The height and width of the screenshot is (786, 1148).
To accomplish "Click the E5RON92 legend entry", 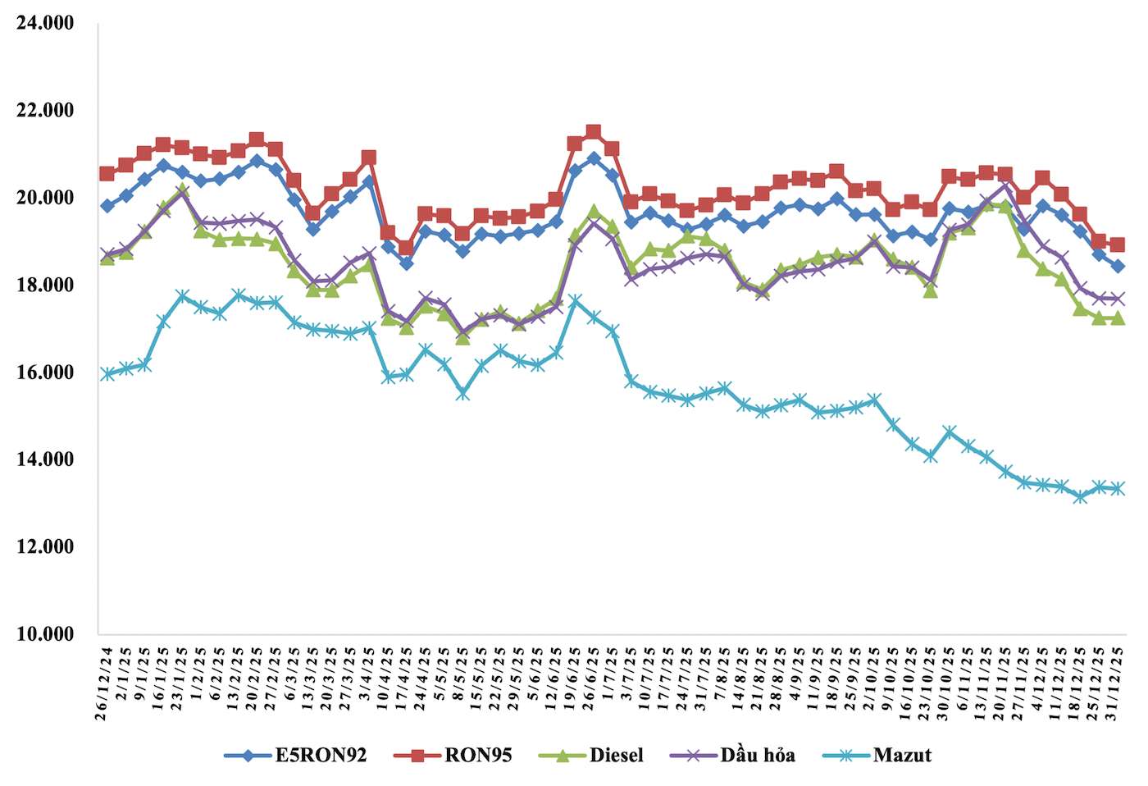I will coord(320,756).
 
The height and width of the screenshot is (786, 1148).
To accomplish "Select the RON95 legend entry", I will coord(477,756).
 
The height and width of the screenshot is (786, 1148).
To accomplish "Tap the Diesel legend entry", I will coord(616,756).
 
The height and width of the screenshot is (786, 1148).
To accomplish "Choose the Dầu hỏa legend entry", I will coord(757,756).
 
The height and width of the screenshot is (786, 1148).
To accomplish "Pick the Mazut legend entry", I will coord(901,756).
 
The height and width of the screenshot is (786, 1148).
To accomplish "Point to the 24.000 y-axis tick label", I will coord(45,23).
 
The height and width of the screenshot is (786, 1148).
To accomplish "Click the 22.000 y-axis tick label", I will coord(45,110).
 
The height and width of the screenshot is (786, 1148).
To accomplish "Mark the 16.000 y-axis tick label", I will coord(45,372).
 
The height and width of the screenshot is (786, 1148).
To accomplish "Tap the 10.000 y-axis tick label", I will coord(45,633).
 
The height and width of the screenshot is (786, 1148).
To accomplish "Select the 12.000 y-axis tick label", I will coord(45,546).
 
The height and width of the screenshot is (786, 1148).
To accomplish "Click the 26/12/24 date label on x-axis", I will coord(103,683).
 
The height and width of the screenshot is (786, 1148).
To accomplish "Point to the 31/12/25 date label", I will coord(1116,683).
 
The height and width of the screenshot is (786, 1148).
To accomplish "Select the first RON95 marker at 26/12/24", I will coord(107,173).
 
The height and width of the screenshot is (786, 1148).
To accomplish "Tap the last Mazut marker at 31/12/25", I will coord(1117,488).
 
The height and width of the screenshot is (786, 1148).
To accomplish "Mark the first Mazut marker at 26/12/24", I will coord(107,374).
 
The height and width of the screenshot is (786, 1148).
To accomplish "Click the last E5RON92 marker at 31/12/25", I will coord(1117,266).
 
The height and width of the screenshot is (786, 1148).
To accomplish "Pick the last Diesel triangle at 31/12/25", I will coord(1117,318).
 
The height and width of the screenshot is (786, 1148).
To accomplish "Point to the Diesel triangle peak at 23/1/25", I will coord(182,190).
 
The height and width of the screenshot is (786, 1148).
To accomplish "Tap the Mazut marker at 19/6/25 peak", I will coord(575,301).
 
